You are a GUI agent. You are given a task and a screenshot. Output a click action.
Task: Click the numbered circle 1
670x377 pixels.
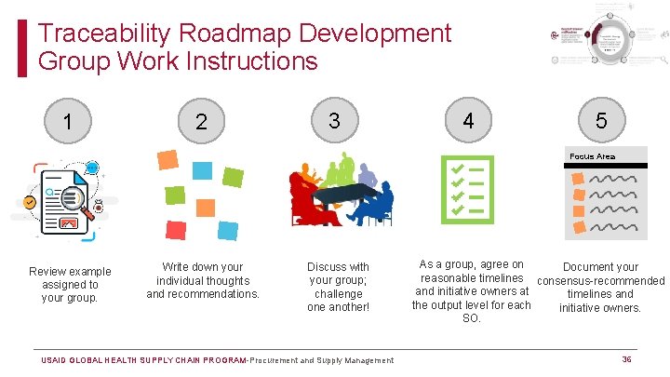tap(67, 121)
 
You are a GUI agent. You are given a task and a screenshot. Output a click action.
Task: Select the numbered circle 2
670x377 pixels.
tap(201, 122)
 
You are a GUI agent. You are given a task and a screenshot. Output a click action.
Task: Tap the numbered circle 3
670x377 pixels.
tap(334, 120)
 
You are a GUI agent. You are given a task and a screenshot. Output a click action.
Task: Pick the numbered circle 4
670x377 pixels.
tap(468, 121)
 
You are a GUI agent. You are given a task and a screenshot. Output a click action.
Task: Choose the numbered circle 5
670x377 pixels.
tap(601, 120)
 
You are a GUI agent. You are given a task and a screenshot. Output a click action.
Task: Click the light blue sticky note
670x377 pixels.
tap(202, 169)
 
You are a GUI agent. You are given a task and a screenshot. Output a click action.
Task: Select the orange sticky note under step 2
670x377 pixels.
tap(167, 159)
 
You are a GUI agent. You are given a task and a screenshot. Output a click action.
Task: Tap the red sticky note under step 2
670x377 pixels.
tap(175, 229)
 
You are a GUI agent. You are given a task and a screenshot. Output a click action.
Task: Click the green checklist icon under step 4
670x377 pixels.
tap(467, 189)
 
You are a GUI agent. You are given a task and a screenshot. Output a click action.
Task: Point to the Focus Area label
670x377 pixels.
tap(592, 156)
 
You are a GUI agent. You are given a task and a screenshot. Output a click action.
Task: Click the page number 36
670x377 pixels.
tap(626, 359)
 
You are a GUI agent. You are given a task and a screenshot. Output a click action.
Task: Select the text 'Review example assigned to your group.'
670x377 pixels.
tap(70, 284)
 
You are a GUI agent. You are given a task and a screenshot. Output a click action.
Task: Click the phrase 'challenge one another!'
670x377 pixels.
tap(338, 300)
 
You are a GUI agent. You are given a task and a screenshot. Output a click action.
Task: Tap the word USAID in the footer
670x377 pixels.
tap(58, 360)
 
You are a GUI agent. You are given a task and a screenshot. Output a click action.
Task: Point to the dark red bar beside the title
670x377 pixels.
tap(22, 48)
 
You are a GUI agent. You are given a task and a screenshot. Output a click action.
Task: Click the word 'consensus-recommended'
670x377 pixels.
tap(601, 280)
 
